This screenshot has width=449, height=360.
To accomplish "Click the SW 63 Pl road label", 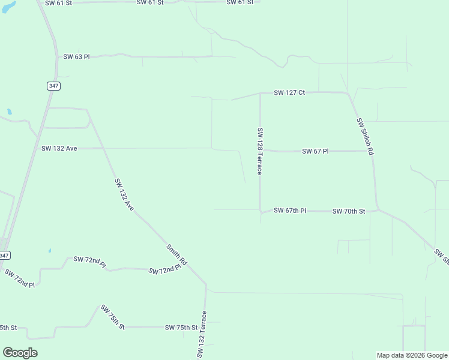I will click(x=76, y=57).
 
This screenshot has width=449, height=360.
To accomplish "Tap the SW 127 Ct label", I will click(x=289, y=93).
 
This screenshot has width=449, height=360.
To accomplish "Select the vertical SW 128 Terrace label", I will click(x=259, y=151).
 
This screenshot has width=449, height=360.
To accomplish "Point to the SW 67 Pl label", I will click(x=315, y=151).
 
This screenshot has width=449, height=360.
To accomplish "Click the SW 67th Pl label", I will click(x=290, y=211).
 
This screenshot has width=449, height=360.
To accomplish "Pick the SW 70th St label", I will click(x=349, y=211).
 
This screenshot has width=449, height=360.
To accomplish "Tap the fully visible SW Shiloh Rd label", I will click(x=365, y=137).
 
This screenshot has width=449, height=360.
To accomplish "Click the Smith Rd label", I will click(x=177, y=255).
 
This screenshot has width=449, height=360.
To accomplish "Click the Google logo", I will click(x=20, y=353).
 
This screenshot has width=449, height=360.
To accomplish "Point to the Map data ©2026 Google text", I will click(x=412, y=355).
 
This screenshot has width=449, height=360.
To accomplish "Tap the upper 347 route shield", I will click(x=54, y=86).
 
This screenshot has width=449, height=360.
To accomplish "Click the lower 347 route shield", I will click(x=4, y=256).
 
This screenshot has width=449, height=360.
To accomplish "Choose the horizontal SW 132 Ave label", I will click(x=59, y=148).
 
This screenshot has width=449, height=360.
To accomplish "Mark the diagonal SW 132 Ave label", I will click(x=124, y=194).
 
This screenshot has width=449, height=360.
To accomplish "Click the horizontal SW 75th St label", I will click(x=181, y=328).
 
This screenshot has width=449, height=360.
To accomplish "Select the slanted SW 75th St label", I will click(x=112, y=317).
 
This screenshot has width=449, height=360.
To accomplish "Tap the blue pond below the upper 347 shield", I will click(x=9, y=112).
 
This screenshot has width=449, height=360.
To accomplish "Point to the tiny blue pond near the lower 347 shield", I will click(x=50, y=250).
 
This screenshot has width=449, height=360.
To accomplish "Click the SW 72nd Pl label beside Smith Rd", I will click(x=164, y=269).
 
